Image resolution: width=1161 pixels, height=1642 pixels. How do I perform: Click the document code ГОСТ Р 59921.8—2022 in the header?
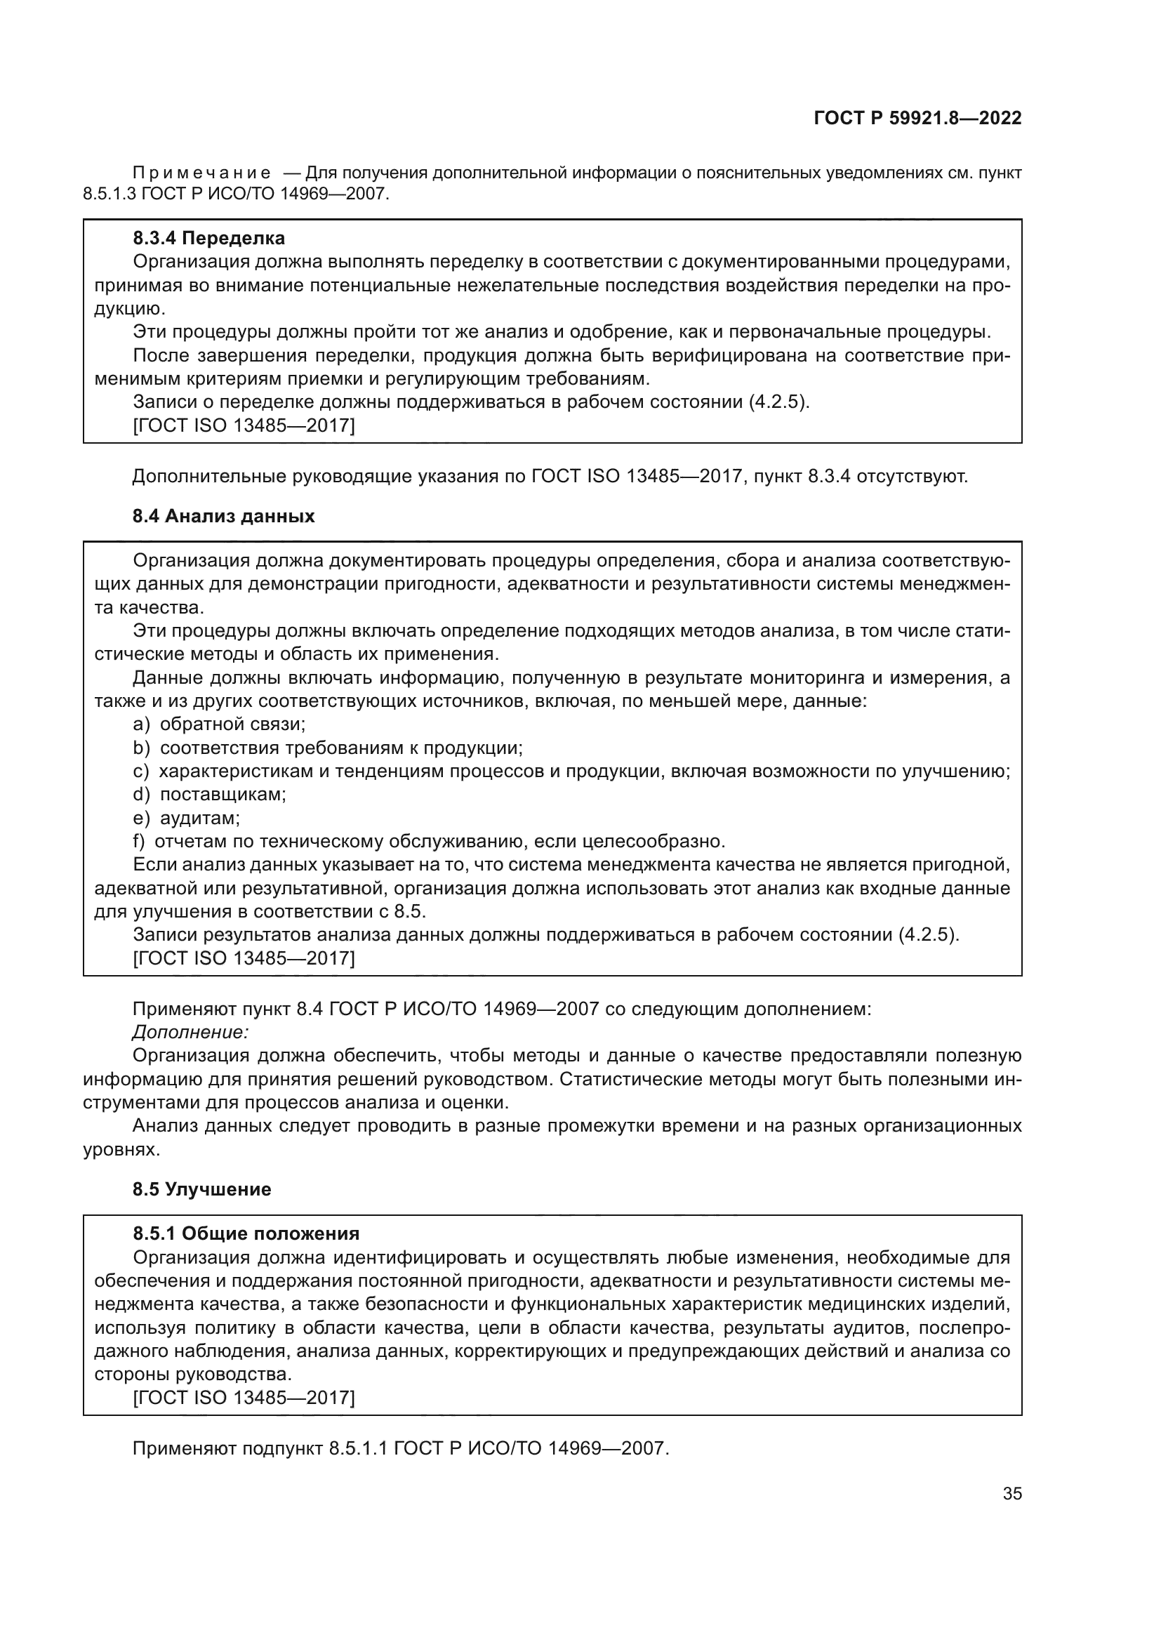(917, 119)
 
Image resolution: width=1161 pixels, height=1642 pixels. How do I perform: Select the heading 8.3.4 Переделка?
(208, 238)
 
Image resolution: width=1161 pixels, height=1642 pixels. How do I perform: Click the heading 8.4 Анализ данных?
(223, 517)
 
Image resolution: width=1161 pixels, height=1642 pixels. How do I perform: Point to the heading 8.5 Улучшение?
(201, 1189)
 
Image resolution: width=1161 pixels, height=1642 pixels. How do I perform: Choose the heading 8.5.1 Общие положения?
(246, 1233)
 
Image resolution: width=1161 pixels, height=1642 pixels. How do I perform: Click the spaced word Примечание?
(202, 173)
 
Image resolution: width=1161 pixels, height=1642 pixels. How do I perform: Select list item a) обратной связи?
(220, 724)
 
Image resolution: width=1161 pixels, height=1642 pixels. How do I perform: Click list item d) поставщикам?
(209, 795)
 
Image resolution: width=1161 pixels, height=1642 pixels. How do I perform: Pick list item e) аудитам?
(187, 818)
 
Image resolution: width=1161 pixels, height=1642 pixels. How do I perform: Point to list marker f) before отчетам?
(139, 842)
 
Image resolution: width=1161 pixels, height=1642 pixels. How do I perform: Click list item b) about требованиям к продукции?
(328, 748)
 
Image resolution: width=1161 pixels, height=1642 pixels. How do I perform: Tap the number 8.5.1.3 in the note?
(110, 194)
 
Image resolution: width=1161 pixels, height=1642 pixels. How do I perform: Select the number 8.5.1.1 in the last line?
(357, 1450)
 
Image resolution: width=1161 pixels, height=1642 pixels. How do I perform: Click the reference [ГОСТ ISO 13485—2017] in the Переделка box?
(244, 426)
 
